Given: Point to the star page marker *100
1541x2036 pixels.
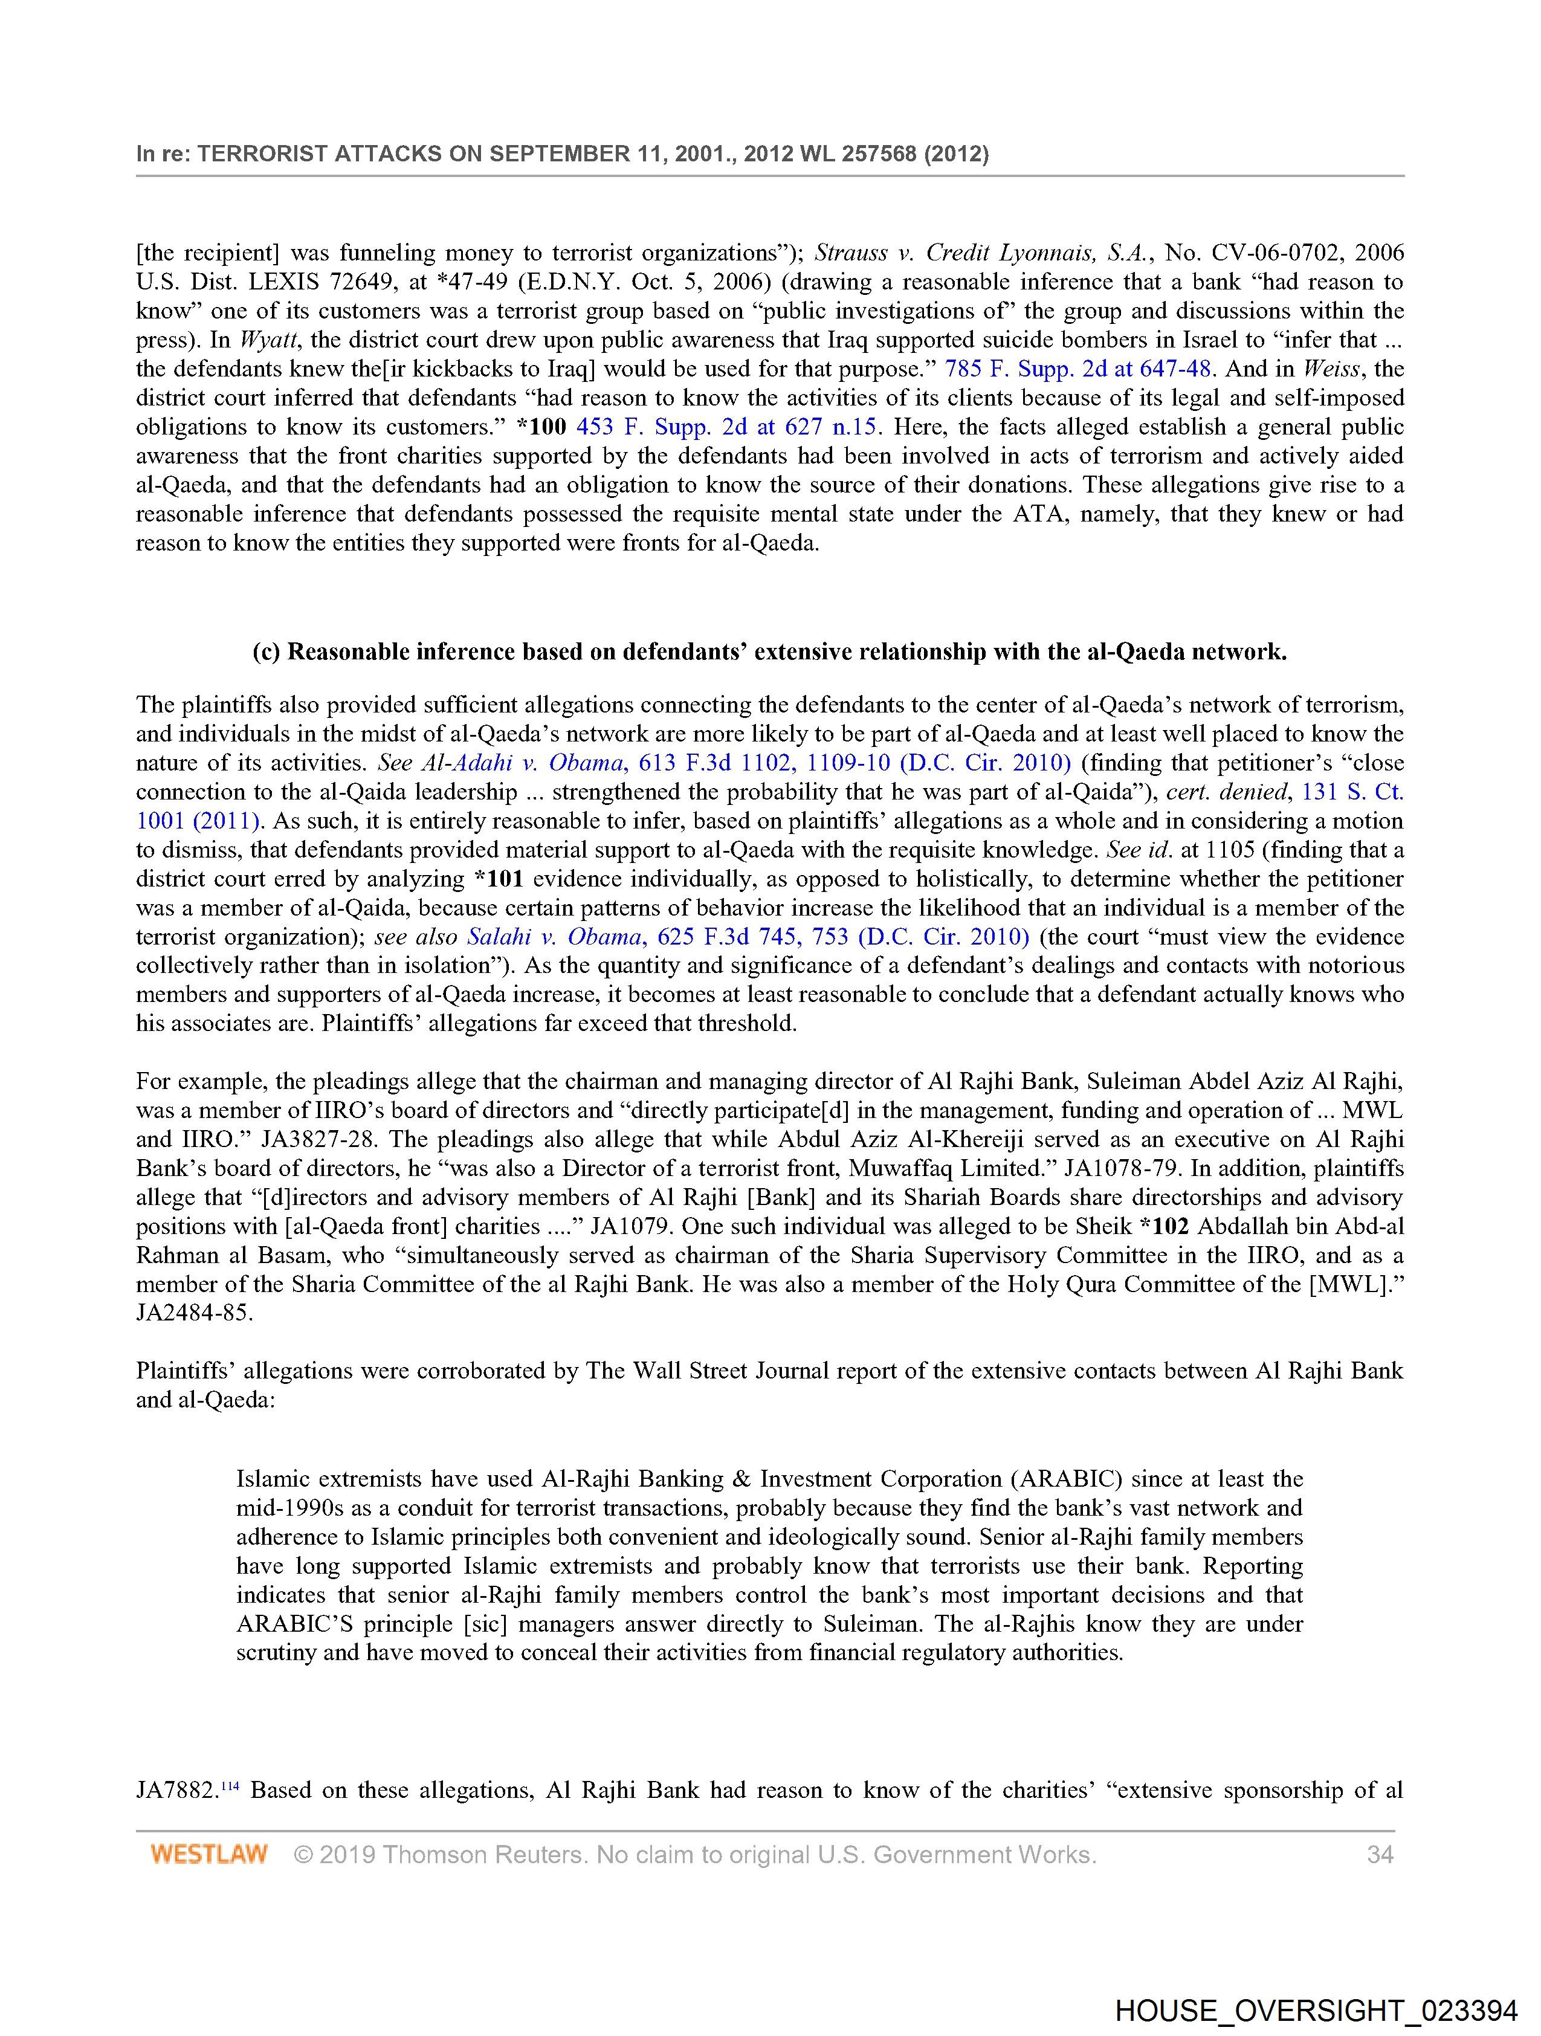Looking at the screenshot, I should (x=541, y=427).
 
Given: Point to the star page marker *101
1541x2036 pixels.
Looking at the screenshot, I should (x=498, y=879).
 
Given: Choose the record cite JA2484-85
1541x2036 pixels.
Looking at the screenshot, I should (x=193, y=1313).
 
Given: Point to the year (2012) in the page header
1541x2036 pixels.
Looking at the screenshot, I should (x=957, y=154).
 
